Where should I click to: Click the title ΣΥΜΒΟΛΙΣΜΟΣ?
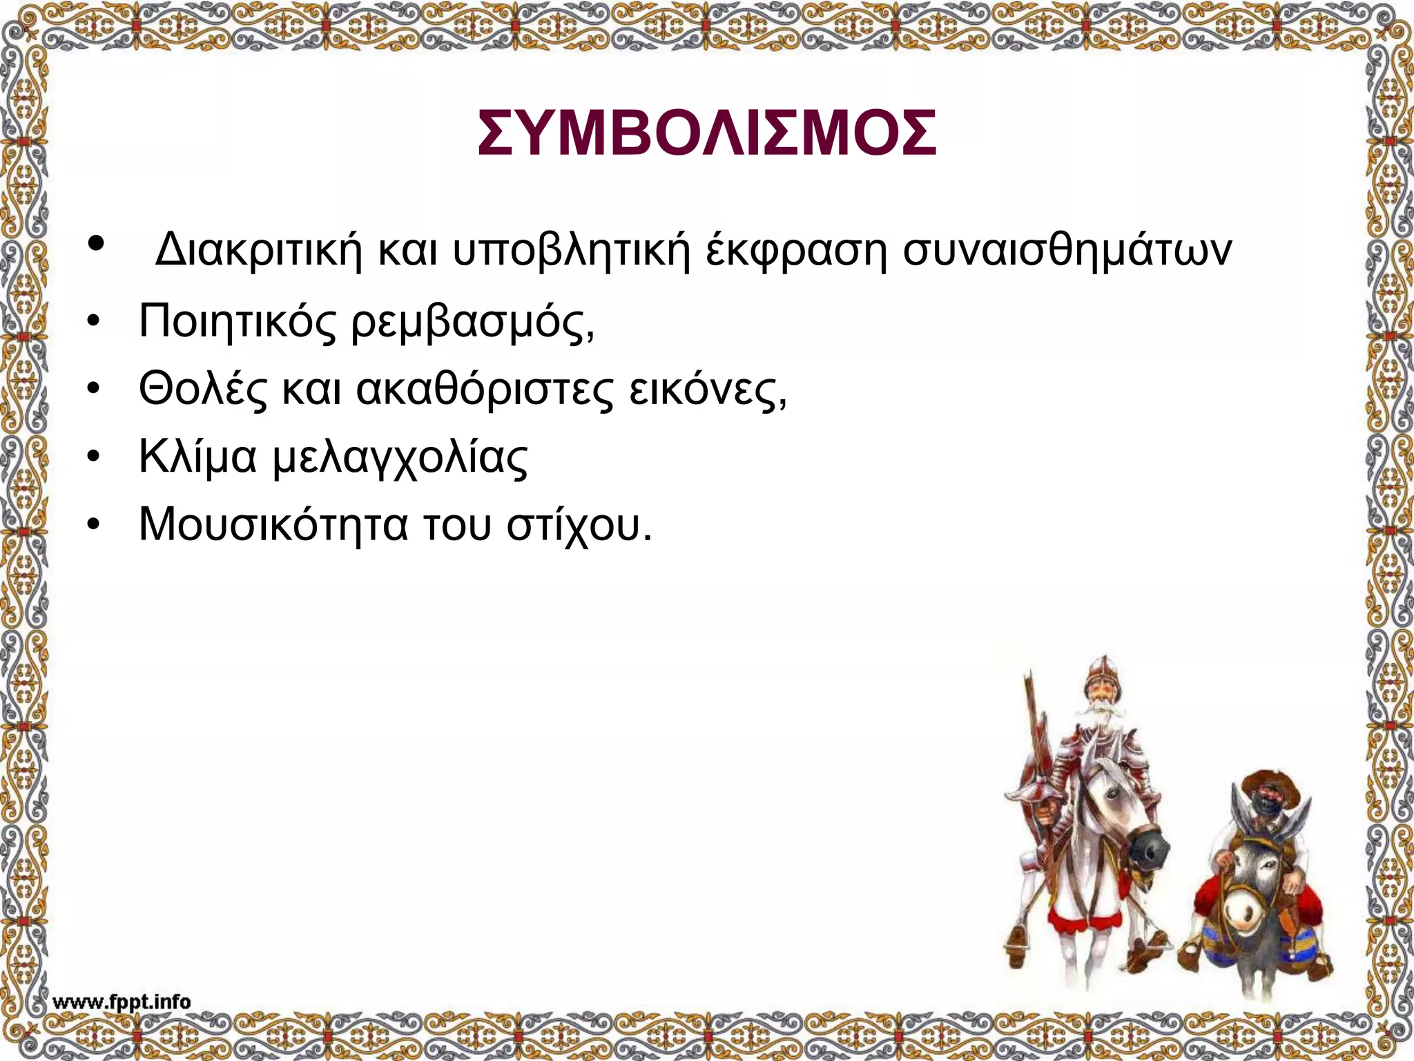(707, 133)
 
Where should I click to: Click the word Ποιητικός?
(238, 322)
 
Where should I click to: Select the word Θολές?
(202, 389)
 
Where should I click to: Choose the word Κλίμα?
(197, 457)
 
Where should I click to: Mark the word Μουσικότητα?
(273, 524)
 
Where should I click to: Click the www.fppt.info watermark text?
(122, 1002)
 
